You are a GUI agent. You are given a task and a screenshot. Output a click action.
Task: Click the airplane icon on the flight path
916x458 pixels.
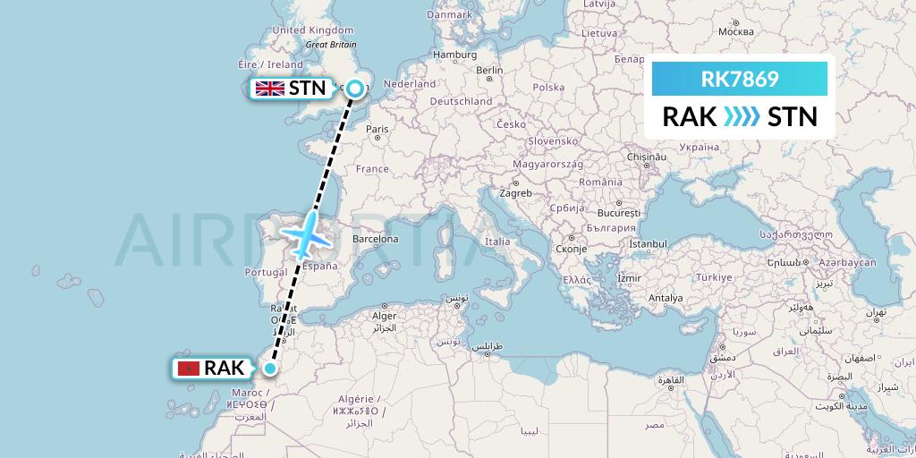[x=308, y=233]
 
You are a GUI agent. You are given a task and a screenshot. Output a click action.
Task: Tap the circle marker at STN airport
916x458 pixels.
[x=355, y=88]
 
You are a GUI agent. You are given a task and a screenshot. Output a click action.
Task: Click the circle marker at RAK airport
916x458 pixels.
[x=270, y=367]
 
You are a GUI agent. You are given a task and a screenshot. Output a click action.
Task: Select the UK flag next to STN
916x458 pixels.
[x=269, y=88]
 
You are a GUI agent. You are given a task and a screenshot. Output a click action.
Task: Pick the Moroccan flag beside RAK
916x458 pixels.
[x=188, y=368]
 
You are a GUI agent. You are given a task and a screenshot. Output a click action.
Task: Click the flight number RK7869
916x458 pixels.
[x=740, y=79]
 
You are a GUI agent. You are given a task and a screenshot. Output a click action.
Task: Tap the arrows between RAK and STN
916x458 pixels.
[x=742, y=117]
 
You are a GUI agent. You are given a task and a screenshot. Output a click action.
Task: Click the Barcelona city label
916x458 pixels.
[x=374, y=240]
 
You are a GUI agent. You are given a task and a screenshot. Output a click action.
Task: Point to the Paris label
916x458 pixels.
[x=377, y=130]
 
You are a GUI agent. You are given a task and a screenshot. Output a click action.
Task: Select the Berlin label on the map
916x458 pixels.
[x=490, y=71]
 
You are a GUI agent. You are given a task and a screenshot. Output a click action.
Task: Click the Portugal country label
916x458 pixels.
[x=265, y=273]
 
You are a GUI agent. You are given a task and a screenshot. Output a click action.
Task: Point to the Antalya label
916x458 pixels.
[x=665, y=298]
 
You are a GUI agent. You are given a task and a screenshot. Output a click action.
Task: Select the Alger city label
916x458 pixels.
[x=384, y=316]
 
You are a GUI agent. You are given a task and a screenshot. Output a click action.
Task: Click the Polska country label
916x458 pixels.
[x=548, y=88]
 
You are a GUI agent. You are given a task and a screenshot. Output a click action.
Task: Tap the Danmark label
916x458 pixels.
[x=449, y=15]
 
